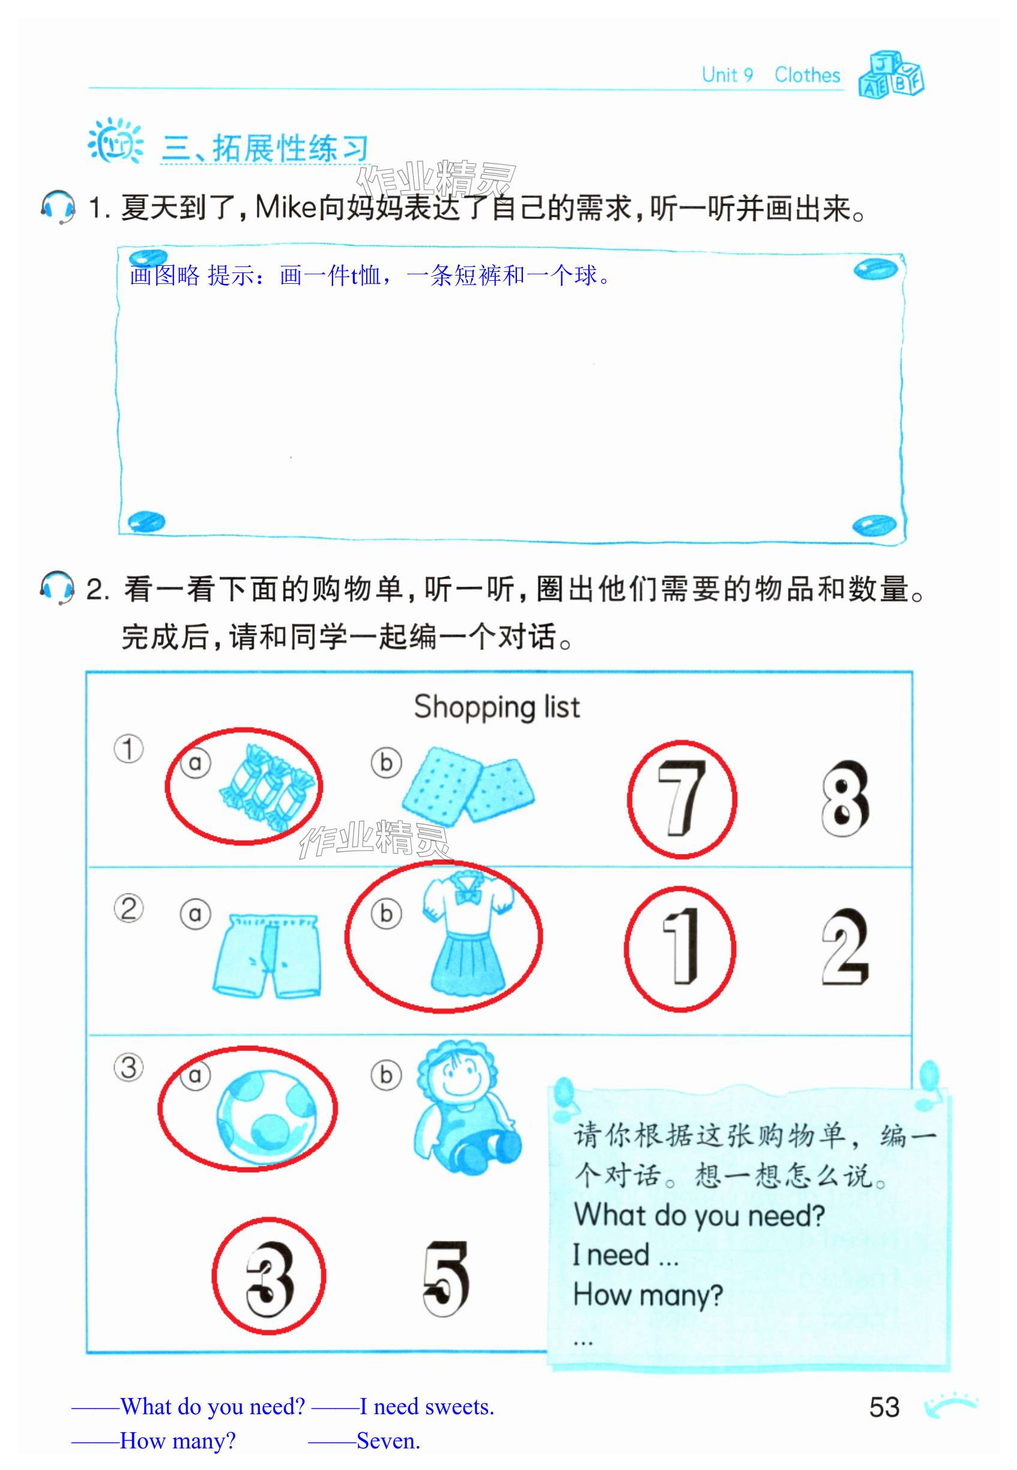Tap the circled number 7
[682, 797]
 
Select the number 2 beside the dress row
[845, 947]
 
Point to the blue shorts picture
[267, 955]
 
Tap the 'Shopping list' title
[497, 707]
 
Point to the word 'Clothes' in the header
[807, 75]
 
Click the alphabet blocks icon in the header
[891, 74]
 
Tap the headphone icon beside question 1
[58, 206]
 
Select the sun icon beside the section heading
[115, 141]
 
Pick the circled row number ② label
[128, 909]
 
